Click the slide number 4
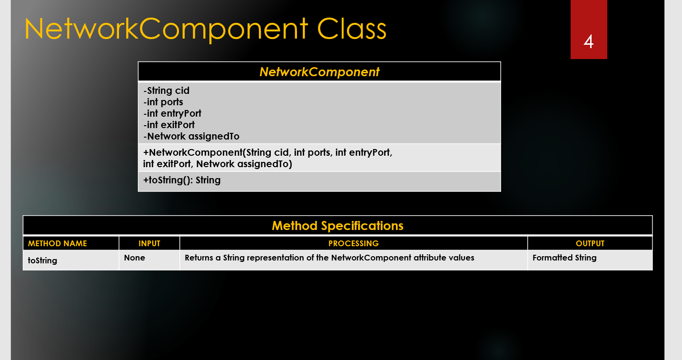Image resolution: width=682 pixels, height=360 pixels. tap(589, 41)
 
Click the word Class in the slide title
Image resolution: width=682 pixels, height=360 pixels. tap(352, 29)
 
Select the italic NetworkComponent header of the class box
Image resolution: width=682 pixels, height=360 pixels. tap(319, 72)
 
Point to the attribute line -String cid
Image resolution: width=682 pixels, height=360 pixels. tap(166, 90)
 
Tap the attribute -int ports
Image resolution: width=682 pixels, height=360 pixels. tap(163, 102)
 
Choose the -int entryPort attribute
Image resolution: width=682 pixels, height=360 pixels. tap(172, 113)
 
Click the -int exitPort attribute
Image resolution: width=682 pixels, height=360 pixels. tap(169, 125)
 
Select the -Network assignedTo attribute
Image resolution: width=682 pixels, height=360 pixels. tap(191, 136)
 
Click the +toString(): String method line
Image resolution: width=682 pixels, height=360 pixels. tap(182, 180)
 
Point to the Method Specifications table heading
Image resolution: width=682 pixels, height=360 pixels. tap(337, 226)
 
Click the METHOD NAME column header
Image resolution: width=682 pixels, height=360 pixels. tap(58, 243)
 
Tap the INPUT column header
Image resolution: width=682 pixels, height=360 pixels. tap(149, 243)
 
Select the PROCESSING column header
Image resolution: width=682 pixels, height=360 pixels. tap(354, 243)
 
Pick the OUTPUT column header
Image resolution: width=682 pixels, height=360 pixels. tap(590, 243)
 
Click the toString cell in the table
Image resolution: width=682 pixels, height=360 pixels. tap(42, 260)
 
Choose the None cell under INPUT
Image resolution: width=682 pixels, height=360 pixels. tap(134, 258)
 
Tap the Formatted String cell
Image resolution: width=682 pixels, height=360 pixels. tap(564, 258)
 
